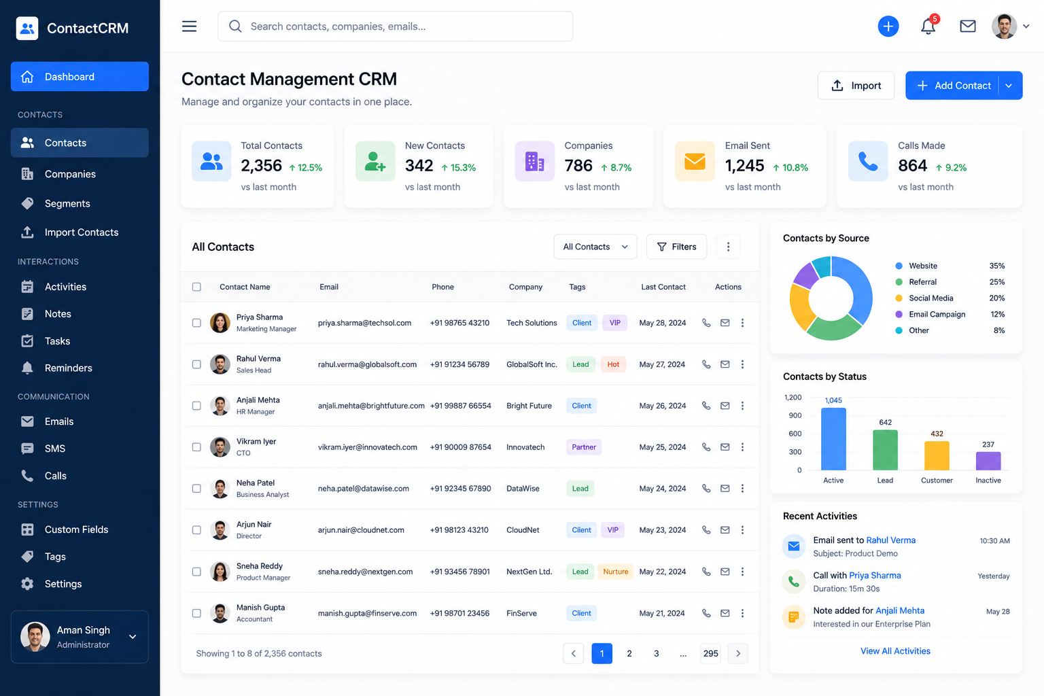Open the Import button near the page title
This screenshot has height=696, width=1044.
click(856, 86)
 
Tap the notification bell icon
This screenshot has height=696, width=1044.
click(928, 27)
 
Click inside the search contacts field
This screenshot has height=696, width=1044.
click(395, 26)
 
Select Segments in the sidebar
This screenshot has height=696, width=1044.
click(67, 203)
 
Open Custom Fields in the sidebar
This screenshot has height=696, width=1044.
click(76, 529)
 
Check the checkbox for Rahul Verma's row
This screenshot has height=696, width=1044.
click(196, 364)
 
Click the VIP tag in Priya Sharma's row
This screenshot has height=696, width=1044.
click(614, 323)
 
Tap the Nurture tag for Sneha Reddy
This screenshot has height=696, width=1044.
click(615, 572)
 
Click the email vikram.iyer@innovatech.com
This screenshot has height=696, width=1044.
click(367, 447)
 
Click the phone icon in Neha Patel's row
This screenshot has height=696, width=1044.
click(706, 488)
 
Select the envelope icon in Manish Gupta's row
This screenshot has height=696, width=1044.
click(725, 613)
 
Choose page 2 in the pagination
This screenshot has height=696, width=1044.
click(629, 653)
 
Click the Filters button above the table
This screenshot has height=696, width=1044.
click(676, 247)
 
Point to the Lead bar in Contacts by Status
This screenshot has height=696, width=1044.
click(885, 450)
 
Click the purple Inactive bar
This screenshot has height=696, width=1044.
click(988, 461)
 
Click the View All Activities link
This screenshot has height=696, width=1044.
click(895, 650)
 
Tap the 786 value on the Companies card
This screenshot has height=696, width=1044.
click(578, 165)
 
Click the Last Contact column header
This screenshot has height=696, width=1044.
click(663, 287)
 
